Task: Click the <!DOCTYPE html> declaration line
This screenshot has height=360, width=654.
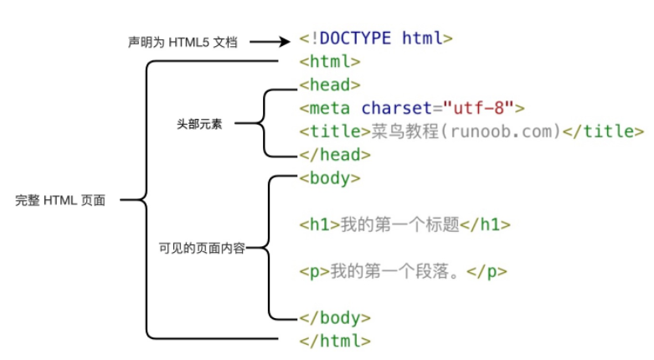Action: pyautogui.click(x=376, y=39)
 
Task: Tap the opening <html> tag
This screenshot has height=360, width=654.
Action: pyautogui.click(x=330, y=62)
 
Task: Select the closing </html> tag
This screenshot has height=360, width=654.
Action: pyautogui.click(x=334, y=341)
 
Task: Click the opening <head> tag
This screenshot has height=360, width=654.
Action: pyautogui.click(x=330, y=85)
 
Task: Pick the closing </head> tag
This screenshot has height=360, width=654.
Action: pyautogui.click(x=334, y=155)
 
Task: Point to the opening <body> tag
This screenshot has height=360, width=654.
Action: pyautogui.click(x=330, y=178)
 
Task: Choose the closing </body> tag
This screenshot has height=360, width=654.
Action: pyautogui.click(x=334, y=318)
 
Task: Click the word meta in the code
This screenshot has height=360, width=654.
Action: pyautogui.click(x=330, y=108)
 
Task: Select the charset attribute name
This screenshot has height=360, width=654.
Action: pyautogui.click(x=396, y=108)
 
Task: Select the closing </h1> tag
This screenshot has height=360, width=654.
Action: pyautogui.click(x=486, y=225)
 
